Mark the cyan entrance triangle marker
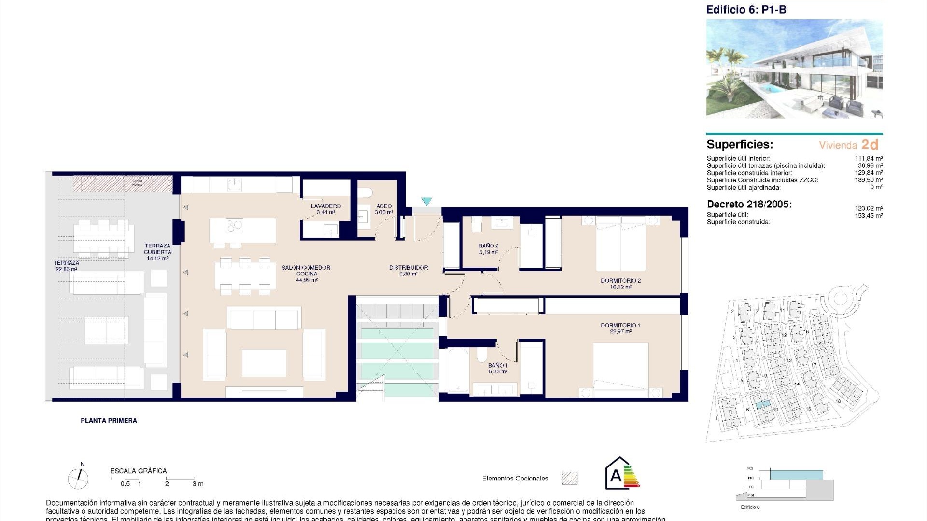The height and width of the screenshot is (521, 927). tap(426, 201)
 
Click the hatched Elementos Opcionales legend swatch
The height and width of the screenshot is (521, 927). tap(570, 478)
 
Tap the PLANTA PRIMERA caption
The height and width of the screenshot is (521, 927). tap(109, 421)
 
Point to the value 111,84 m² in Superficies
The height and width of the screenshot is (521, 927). tap(869, 158)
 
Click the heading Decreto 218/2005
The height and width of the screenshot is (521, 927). tap(749, 204)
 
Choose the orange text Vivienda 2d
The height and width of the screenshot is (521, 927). tap(848, 145)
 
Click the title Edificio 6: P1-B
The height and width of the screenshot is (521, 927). tap(746, 9)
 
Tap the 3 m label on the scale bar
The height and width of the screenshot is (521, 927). tap(198, 483)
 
